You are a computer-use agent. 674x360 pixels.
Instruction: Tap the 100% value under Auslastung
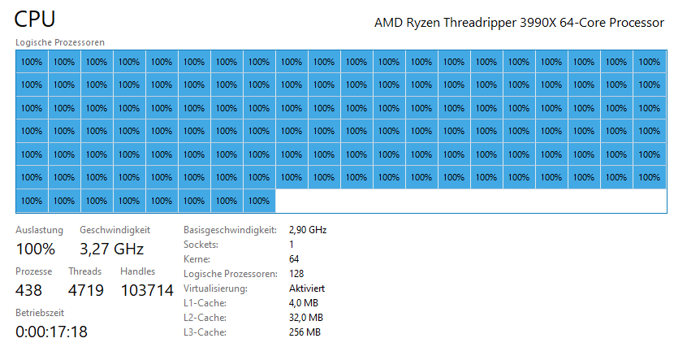coord(36,249)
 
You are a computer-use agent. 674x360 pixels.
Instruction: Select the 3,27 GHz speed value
coord(111,249)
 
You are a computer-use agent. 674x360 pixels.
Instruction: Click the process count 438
coord(29,290)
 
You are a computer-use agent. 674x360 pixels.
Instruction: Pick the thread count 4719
coord(85,290)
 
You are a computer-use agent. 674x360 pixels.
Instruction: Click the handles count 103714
coord(147,290)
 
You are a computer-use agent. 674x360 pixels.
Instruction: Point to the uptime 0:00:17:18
coord(52,332)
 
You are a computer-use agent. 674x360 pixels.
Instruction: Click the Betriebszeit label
coord(40,312)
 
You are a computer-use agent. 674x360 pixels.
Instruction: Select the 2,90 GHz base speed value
coord(307,230)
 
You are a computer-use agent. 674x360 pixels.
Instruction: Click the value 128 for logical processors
coord(297,274)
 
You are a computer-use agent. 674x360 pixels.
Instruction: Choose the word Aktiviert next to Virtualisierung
coord(307,288)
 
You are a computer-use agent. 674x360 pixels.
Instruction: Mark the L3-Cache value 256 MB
coord(305,332)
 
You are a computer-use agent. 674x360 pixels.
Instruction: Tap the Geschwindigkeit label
coord(114,231)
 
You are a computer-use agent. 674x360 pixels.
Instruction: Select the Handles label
coord(137,271)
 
